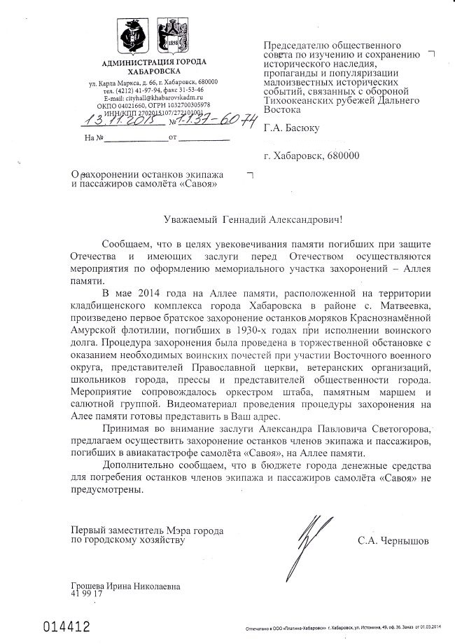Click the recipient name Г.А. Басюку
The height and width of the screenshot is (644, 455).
(x=290, y=129)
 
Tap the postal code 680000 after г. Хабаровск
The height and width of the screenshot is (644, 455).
(x=335, y=158)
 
